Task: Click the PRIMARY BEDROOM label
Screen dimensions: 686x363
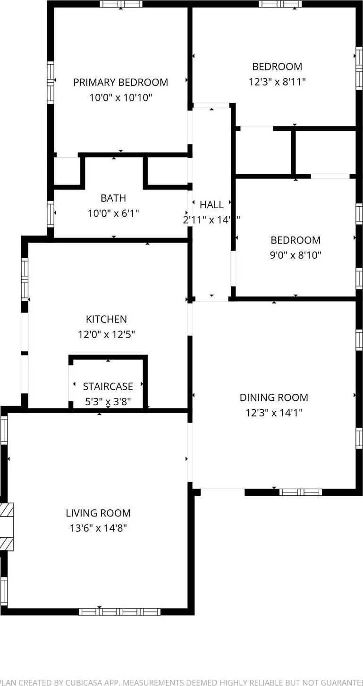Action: click(x=120, y=82)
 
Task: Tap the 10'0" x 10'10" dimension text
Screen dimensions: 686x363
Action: click(x=120, y=98)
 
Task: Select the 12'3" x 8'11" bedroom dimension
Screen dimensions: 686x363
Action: click(x=277, y=82)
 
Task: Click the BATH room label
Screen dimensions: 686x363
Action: click(x=113, y=198)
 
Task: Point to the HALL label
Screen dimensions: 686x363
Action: click(x=211, y=205)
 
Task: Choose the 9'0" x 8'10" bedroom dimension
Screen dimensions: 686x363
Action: click(x=295, y=255)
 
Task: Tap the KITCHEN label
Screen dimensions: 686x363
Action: click(x=106, y=319)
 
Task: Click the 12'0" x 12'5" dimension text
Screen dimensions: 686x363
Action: click(x=106, y=335)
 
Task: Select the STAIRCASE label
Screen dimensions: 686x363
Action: click(x=108, y=386)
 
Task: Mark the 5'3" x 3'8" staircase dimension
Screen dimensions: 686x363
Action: click(x=108, y=402)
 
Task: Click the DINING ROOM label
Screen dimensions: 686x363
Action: click(x=274, y=398)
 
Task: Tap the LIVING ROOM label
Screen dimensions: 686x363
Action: click(x=98, y=513)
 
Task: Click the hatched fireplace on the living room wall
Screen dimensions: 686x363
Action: click(x=6, y=526)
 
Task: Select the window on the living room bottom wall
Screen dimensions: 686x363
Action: click(x=119, y=612)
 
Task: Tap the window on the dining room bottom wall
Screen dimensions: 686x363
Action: click(x=301, y=492)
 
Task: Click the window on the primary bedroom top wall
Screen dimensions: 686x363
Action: click(x=121, y=4)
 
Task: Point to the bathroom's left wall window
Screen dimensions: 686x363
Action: click(x=51, y=214)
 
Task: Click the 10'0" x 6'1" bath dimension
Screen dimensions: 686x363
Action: click(x=113, y=213)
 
